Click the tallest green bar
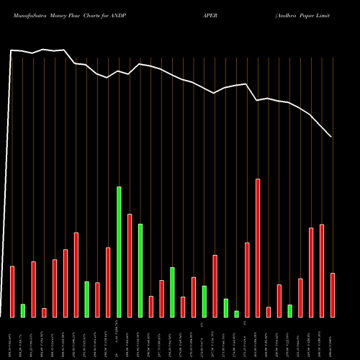[x=119, y=252]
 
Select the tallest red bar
[x=258, y=248]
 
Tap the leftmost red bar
[x=12, y=292]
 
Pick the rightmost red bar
[x=333, y=295]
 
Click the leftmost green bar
[x=23, y=310]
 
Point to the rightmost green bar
[x=290, y=310]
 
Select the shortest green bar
[x=236, y=313]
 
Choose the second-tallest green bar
[x=140, y=270]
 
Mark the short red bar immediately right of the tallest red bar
[x=269, y=312]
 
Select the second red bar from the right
[x=322, y=271]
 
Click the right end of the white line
[x=331, y=137]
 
